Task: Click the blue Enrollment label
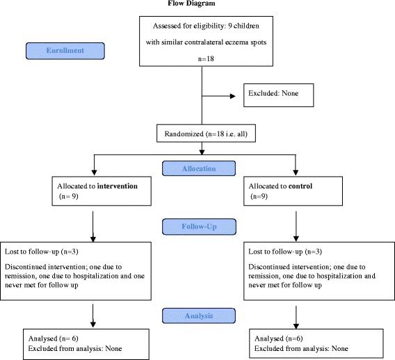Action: pos(65,51)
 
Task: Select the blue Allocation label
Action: pos(199,168)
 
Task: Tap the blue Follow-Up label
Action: pos(199,227)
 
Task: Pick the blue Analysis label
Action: pos(199,316)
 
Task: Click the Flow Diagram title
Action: pos(191,3)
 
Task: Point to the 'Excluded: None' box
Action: pos(279,95)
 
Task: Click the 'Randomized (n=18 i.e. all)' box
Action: pos(206,133)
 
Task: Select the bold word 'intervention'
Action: pos(118,186)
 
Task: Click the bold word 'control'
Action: pos(300,186)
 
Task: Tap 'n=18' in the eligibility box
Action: pos(206,58)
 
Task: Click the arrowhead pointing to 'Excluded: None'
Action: pos(233,96)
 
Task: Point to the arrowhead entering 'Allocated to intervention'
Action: pos(94,172)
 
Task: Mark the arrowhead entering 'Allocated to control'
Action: pos(296,172)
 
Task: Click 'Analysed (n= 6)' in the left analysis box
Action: pos(54,338)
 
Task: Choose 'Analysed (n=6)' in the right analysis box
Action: pos(279,338)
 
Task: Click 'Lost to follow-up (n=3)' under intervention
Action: pos(42,252)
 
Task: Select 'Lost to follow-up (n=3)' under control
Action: pos(285,252)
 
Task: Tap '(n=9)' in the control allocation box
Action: pos(259,196)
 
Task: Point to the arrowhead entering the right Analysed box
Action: pos(296,326)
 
